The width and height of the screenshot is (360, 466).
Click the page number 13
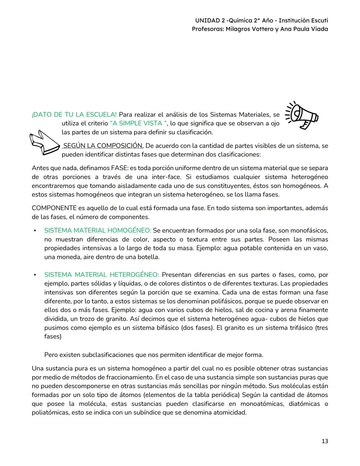325,441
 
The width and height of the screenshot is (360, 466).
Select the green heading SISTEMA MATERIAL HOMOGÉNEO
98,230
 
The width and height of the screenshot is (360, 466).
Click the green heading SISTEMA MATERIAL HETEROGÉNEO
101,275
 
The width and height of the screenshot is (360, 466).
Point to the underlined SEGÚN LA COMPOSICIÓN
103,146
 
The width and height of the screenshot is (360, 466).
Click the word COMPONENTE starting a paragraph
54,208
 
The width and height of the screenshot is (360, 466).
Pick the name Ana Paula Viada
304,29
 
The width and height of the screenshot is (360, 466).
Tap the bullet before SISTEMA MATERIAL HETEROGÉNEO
34,275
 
